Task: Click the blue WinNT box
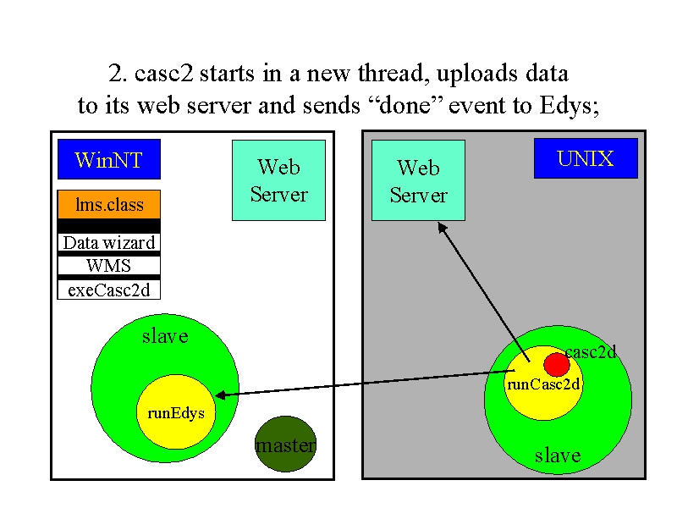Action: click(x=109, y=159)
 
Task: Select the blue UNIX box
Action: click(x=586, y=158)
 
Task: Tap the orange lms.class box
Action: click(x=109, y=204)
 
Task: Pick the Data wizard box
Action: click(x=109, y=242)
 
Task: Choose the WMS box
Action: click(x=109, y=265)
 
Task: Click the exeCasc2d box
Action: click(x=109, y=290)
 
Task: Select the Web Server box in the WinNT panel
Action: click(x=279, y=180)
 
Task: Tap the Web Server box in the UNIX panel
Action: click(x=418, y=180)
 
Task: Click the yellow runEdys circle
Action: click(x=176, y=411)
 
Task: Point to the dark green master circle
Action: click(x=285, y=444)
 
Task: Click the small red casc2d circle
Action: click(x=557, y=365)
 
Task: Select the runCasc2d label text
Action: click(x=543, y=384)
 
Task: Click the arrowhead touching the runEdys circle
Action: click(x=220, y=395)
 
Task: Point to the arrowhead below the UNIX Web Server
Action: click(x=442, y=227)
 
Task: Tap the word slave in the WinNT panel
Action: click(x=165, y=336)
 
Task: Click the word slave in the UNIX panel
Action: click(x=558, y=456)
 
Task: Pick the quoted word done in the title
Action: click(x=405, y=105)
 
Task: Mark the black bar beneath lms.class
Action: click(x=109, y=226)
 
